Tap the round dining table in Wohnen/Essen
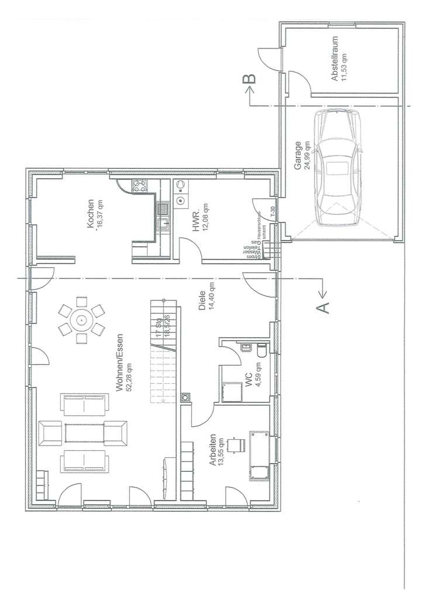(81, 319)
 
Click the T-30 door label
(272, 211)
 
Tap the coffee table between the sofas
(85, 433)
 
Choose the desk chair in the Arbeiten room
(237, 446)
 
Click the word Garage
(297, 156)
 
